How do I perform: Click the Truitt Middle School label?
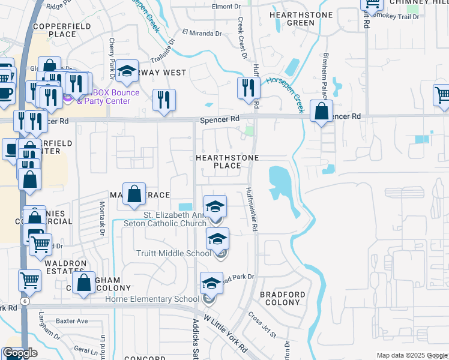point(173,254)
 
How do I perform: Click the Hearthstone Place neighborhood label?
point(228,161)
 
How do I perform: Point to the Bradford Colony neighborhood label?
point(279,298)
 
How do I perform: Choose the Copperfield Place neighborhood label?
point(55,31)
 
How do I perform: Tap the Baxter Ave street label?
point(72,321)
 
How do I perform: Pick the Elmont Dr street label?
point(226,7)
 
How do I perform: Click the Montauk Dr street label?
point(101,217)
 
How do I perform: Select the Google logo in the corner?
point(20,353)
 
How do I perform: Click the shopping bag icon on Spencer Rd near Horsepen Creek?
point(322,111)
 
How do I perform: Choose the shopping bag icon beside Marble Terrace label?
point(135,194)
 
